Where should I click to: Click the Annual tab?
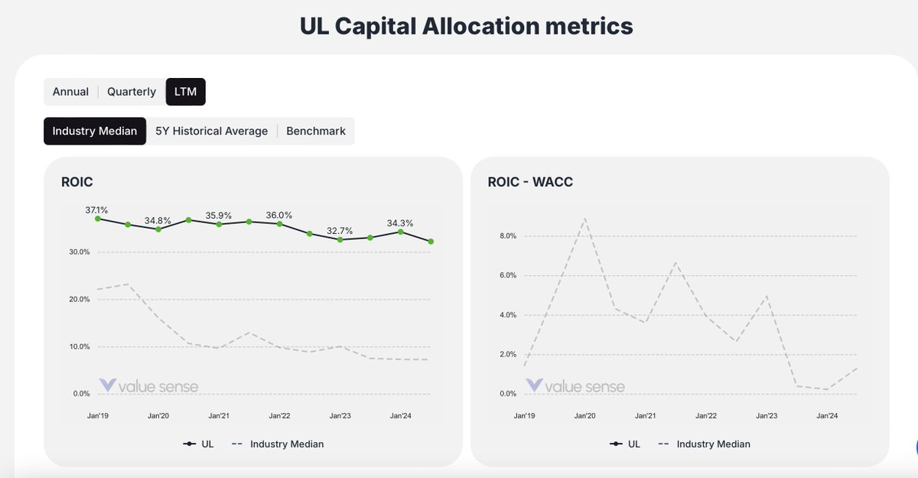(70, 92)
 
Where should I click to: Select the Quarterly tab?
(132, 92)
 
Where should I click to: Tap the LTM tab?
(185, 92)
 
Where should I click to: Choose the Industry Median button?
(95, 131)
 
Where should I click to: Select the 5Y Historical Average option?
(211, 131)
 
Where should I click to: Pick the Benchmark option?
(316, 131)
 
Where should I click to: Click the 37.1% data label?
(96, 210)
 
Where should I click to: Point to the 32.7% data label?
(340, 230)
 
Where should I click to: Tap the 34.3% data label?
(400, 223)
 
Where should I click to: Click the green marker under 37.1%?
(98, 219)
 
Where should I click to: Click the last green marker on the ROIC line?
(431, 242)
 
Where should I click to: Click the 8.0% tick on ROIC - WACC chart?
(508, 236)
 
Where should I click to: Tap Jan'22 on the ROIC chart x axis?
(280, 416)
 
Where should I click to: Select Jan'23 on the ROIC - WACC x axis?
(767, 416)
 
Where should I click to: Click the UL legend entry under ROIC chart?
(200, 444)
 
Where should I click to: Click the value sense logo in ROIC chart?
(148, 386)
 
